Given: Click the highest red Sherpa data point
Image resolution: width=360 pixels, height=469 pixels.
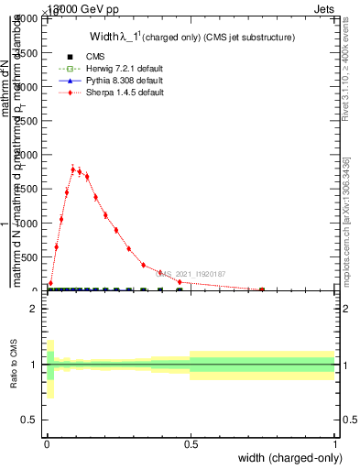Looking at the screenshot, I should click(x=73, y=169).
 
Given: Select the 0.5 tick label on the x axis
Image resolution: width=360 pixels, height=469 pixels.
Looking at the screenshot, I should click(x=191, y=445).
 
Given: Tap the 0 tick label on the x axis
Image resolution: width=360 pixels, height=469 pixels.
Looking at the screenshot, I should click(x=48, y=445).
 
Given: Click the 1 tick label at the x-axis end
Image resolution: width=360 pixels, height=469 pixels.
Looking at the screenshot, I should click(x=335, y=445).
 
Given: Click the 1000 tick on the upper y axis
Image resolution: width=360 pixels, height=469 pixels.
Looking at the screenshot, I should click(x=27, y=224).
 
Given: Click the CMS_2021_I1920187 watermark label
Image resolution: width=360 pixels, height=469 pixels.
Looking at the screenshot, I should click(x=191, y=273).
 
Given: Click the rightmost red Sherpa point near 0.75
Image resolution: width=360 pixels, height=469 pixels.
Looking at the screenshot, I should click(x=262, y=289).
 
